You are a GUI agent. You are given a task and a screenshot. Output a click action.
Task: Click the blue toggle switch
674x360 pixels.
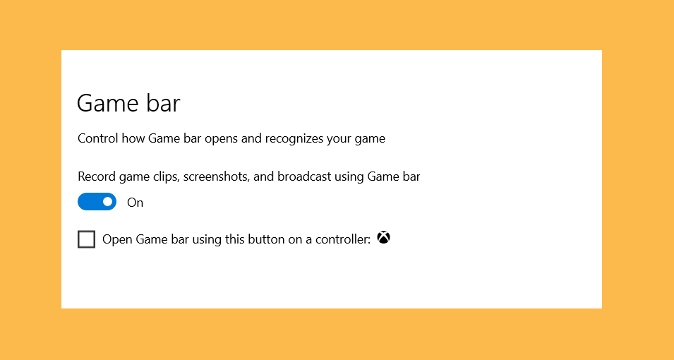tap(97, 202)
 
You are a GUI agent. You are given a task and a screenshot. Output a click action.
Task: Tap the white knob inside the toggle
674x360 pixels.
tap(107, 202)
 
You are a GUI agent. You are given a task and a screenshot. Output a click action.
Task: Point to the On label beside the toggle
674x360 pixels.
tap(135, 203)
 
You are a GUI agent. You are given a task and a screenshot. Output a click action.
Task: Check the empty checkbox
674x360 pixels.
tap(86, 239)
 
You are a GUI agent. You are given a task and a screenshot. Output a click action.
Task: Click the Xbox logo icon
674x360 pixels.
tap(383, 237)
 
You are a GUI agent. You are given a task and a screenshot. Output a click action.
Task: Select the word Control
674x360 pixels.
tap(98, 138)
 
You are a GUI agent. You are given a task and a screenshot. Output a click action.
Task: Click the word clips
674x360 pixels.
tap(166, 177)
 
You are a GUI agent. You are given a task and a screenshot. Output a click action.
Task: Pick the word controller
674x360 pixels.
tap(343, 239)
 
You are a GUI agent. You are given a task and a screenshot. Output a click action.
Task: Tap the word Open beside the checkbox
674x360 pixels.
tap(117, 240)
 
